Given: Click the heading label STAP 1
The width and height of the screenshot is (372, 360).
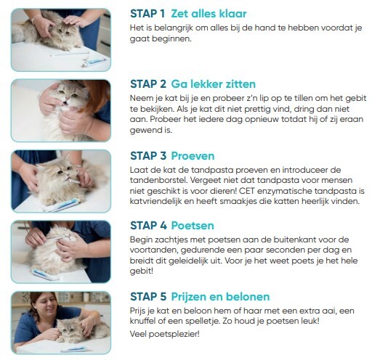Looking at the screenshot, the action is (x=147, y=14).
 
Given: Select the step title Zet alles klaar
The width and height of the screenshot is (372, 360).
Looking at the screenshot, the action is (x=209, y=14).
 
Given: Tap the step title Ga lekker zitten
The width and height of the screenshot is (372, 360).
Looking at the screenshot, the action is (x=214, y=84).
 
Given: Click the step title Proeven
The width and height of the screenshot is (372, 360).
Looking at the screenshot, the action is (x=193, y=156).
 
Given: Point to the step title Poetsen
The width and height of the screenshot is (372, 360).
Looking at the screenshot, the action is (x=193, y=226).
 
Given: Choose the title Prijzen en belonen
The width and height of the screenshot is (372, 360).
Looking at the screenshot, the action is (x=220, y=297).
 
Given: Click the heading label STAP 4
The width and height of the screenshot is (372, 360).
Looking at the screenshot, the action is (x=148, y=226).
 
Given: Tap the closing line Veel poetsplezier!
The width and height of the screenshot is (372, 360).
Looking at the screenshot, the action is (x=165, y=334).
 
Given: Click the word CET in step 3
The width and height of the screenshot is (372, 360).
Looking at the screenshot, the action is (x=247, y=191).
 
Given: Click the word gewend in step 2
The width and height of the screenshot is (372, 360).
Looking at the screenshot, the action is (x=141, y=130).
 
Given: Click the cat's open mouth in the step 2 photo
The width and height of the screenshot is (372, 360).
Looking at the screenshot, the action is (x=65, y=104).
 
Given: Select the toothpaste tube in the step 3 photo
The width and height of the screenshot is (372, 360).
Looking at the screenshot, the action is (x=61, y=205).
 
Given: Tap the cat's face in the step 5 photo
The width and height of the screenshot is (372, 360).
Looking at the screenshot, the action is (x=66, y=329).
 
